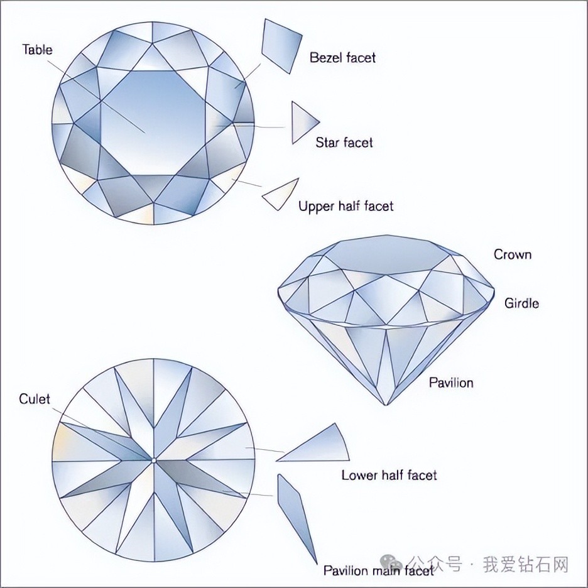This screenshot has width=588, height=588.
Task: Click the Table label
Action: (x=38, y=50)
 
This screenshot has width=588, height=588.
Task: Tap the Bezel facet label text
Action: (x=342, y=58)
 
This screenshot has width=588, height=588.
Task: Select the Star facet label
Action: (x=344, y=143)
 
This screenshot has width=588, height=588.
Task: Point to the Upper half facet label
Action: (x=346, y=206)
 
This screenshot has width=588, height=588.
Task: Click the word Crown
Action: (x=512, y=254)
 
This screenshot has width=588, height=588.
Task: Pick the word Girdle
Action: (x=521, y=303)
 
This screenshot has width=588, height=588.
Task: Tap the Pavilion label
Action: (x=451, y=382)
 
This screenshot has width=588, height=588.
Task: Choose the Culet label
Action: (x=35, y=399)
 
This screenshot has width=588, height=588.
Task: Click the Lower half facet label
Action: (x=389, y=475)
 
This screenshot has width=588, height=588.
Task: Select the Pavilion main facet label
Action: (x=378, y=570)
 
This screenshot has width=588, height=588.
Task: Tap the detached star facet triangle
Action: (x=302, y=122)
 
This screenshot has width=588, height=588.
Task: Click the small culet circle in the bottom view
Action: (x=154, y=460)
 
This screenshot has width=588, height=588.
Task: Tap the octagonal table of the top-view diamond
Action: (x=154, y=123)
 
